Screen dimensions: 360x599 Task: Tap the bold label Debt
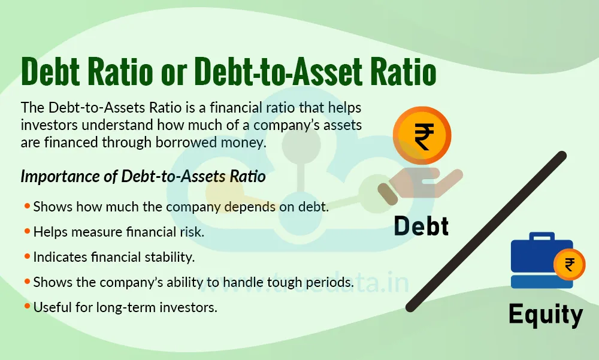coord(421,227)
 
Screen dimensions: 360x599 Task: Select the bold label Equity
coord(545,314)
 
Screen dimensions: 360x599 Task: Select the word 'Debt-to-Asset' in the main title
coord(284,74)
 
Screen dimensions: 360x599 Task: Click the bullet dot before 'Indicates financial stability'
coord(27,256)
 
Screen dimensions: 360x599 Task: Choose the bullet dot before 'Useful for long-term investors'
coord(27,306)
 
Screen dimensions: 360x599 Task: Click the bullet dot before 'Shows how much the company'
coord(27,206)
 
